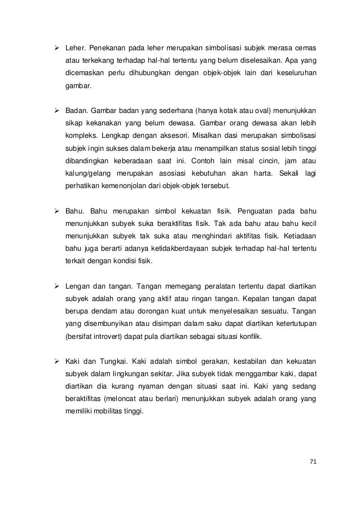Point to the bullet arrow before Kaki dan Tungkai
(x=55, y=360)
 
